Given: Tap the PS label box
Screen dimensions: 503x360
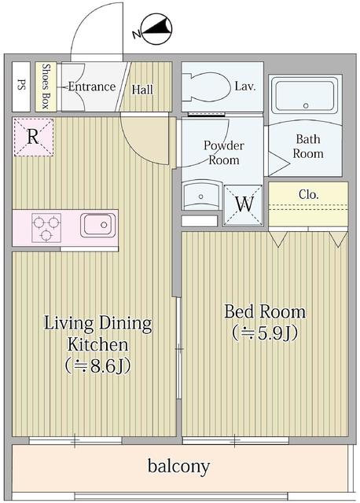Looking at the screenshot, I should (x=21, y=86).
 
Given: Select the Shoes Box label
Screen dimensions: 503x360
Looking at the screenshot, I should (x=46, y=86).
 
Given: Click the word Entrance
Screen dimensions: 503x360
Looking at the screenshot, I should (x=91, y=86).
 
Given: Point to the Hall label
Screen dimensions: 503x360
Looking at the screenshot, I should (x=142, y=89).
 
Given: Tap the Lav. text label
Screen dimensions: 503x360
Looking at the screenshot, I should (x=244, y=86).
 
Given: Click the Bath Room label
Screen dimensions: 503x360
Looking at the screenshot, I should (x=308, y=146).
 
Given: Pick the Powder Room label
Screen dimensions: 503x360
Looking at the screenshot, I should (x=224, y=152).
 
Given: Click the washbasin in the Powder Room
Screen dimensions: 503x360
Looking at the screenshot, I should (x=200, y=196).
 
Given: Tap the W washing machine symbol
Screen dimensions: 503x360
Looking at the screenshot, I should (x=244, y=202).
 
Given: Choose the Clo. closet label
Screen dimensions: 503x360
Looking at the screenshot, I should (x=308, y=194).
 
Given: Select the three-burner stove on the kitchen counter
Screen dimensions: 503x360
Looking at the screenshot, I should (x=45, y=228).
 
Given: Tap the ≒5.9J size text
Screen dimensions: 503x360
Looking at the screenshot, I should (x=265, y=332).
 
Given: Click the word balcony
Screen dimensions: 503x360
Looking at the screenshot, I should (x=179, y=467).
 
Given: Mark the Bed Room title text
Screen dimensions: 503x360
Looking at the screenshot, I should (x=265, y=311).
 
